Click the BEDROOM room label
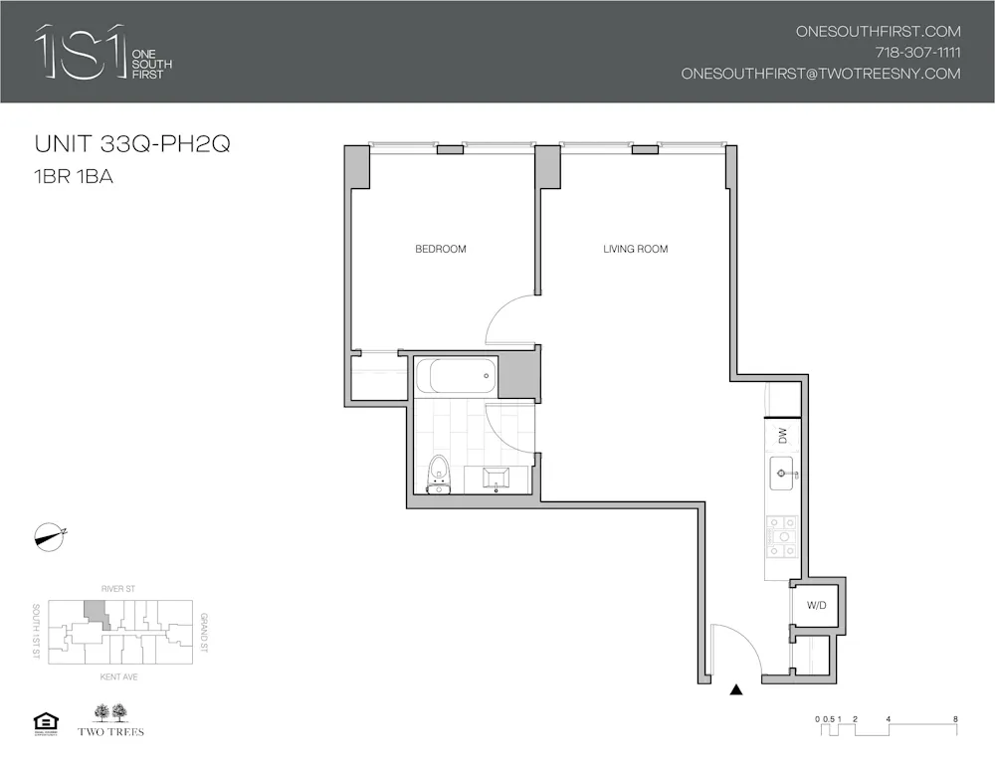tap(440, 249)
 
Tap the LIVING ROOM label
tap(635, 249)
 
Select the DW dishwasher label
tap(782, 434)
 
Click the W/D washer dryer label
tap(816, 604)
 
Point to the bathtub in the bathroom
tap(456, 376)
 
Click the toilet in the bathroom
tap(437, 474)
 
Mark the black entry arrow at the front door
tap(737, 689)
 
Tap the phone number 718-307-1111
tap(917, 53)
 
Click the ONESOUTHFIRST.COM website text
tap(878, 32)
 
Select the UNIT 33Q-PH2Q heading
tap(132, 144)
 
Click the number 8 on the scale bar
tap(955, 718)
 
